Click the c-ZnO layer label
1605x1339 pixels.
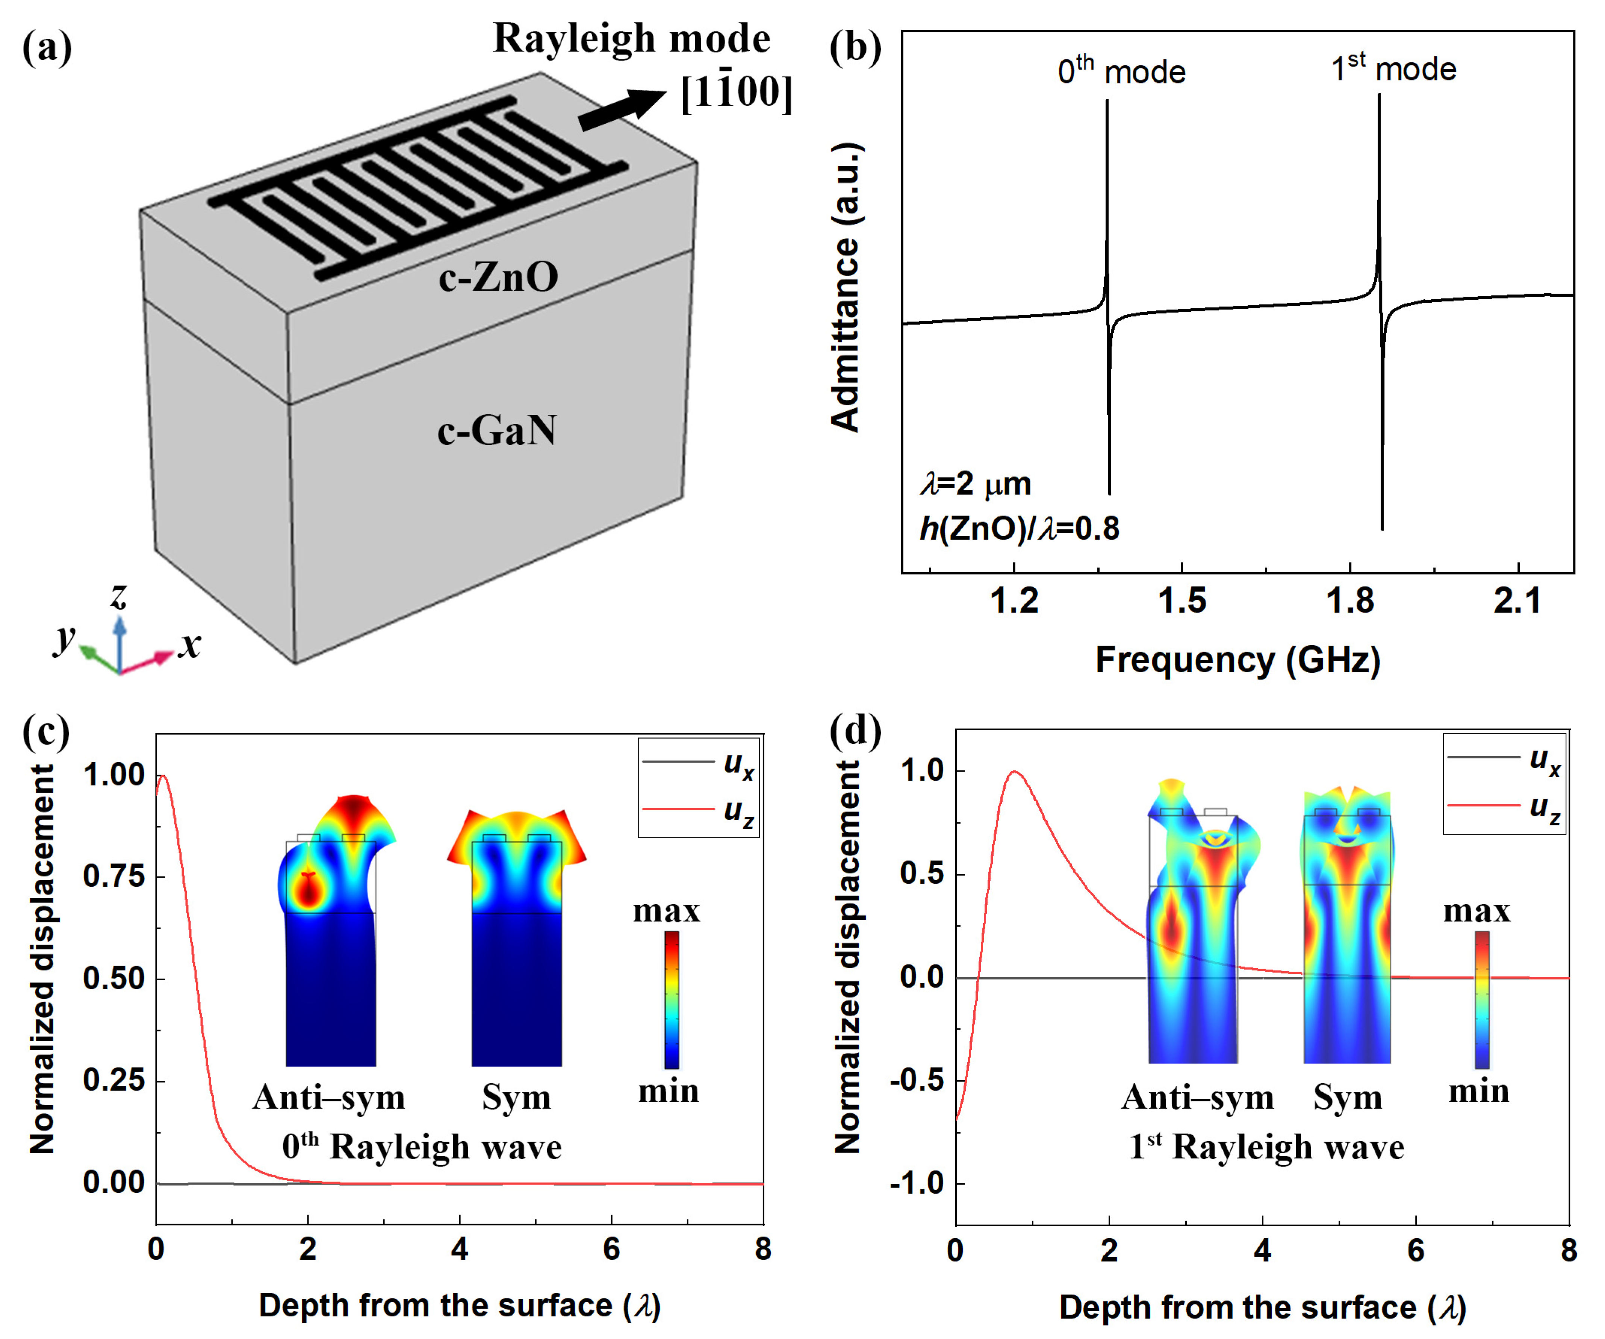click(498, 277)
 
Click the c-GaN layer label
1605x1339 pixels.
click(497, 431)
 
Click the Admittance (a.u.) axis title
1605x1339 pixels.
click(846, 287)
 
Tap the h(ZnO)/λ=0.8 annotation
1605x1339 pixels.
click(1019, 528)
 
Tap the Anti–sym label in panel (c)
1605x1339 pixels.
click(329, 1097)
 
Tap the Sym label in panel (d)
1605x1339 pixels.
click(1348, 1097)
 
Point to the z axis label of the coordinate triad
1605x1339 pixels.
click(118, 595)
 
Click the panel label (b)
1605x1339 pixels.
click(855, 47)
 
